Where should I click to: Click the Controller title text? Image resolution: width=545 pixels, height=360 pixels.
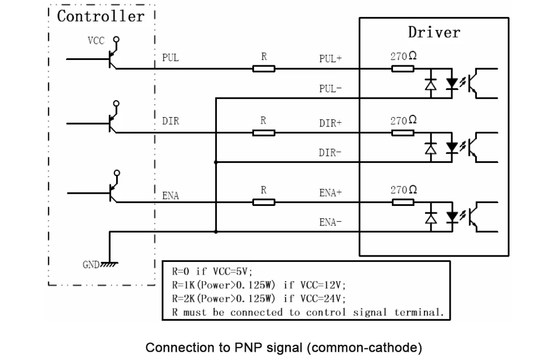100,16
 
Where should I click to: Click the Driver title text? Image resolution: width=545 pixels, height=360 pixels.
434,32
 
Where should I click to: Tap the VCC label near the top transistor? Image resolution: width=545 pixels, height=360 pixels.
96,41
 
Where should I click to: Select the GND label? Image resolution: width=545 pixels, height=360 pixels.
91,265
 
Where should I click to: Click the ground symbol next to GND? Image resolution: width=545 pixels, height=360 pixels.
110,265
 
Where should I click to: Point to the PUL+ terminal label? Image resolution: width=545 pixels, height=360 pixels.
331,58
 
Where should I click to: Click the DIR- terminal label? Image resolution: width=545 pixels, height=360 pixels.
330,152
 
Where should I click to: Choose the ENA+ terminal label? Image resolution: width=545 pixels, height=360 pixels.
331,192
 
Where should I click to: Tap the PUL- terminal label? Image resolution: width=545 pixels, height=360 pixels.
331,89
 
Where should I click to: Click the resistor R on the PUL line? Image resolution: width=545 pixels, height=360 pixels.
264,69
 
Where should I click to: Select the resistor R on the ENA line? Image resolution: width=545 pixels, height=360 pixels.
264,202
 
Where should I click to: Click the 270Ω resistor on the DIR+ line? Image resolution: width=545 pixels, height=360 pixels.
403,133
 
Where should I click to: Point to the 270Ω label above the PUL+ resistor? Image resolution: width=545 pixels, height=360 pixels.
403,56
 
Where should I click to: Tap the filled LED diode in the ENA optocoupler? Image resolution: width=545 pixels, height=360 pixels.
452,217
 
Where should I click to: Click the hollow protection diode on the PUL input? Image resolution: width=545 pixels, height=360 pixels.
431,84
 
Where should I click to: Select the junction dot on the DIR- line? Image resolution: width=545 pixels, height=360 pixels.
216,162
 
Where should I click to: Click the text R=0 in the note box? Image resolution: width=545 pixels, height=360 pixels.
180,271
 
